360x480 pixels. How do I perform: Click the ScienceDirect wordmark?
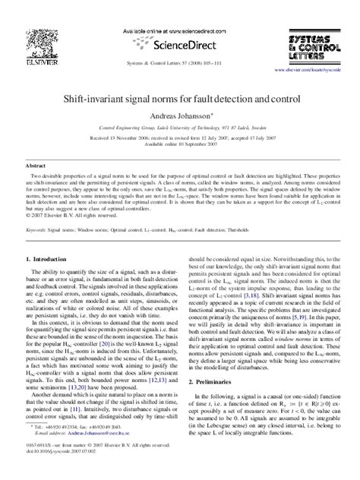(180, 33)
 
